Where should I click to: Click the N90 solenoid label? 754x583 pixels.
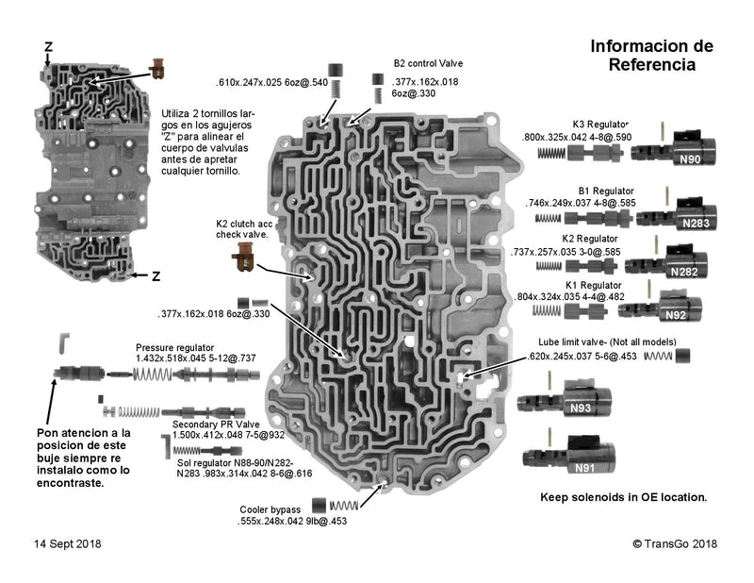tap(690, 160)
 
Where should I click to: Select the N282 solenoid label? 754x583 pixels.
tap(684, 272)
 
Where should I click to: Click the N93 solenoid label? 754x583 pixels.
tap(580, 408)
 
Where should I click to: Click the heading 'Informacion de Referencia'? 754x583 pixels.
tap(651, 56)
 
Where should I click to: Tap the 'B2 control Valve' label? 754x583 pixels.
tap(429, 64)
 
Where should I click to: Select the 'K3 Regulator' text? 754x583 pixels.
tap(600, 125)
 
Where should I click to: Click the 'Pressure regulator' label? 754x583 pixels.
tap(174, 347)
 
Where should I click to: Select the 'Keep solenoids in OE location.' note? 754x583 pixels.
tap(623, 496)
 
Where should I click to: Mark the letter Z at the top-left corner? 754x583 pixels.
tap(48, 46)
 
